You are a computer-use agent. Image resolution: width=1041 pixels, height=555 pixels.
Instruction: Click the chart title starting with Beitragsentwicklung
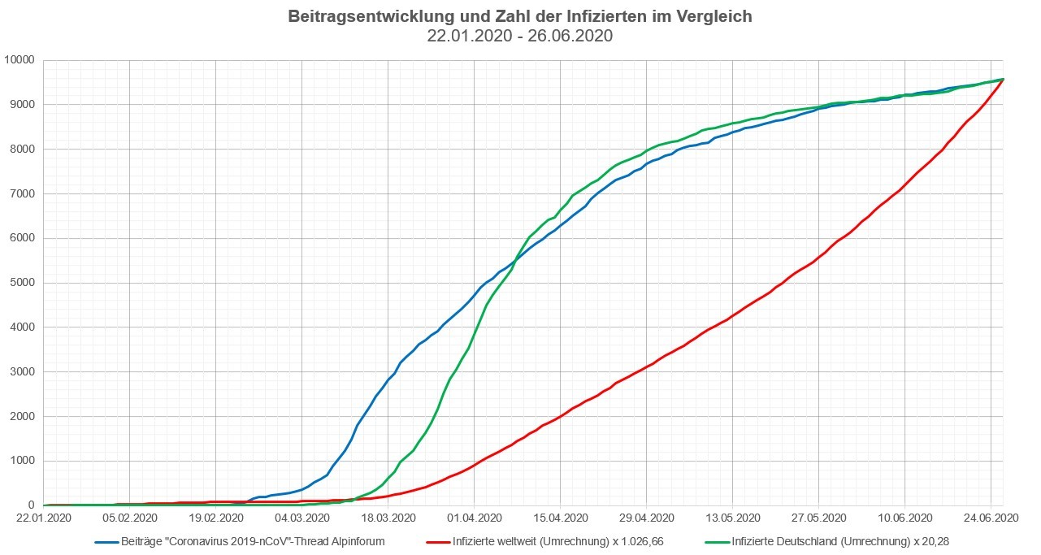520,16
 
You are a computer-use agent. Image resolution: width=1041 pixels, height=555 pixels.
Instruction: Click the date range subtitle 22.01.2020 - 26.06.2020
520,36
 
